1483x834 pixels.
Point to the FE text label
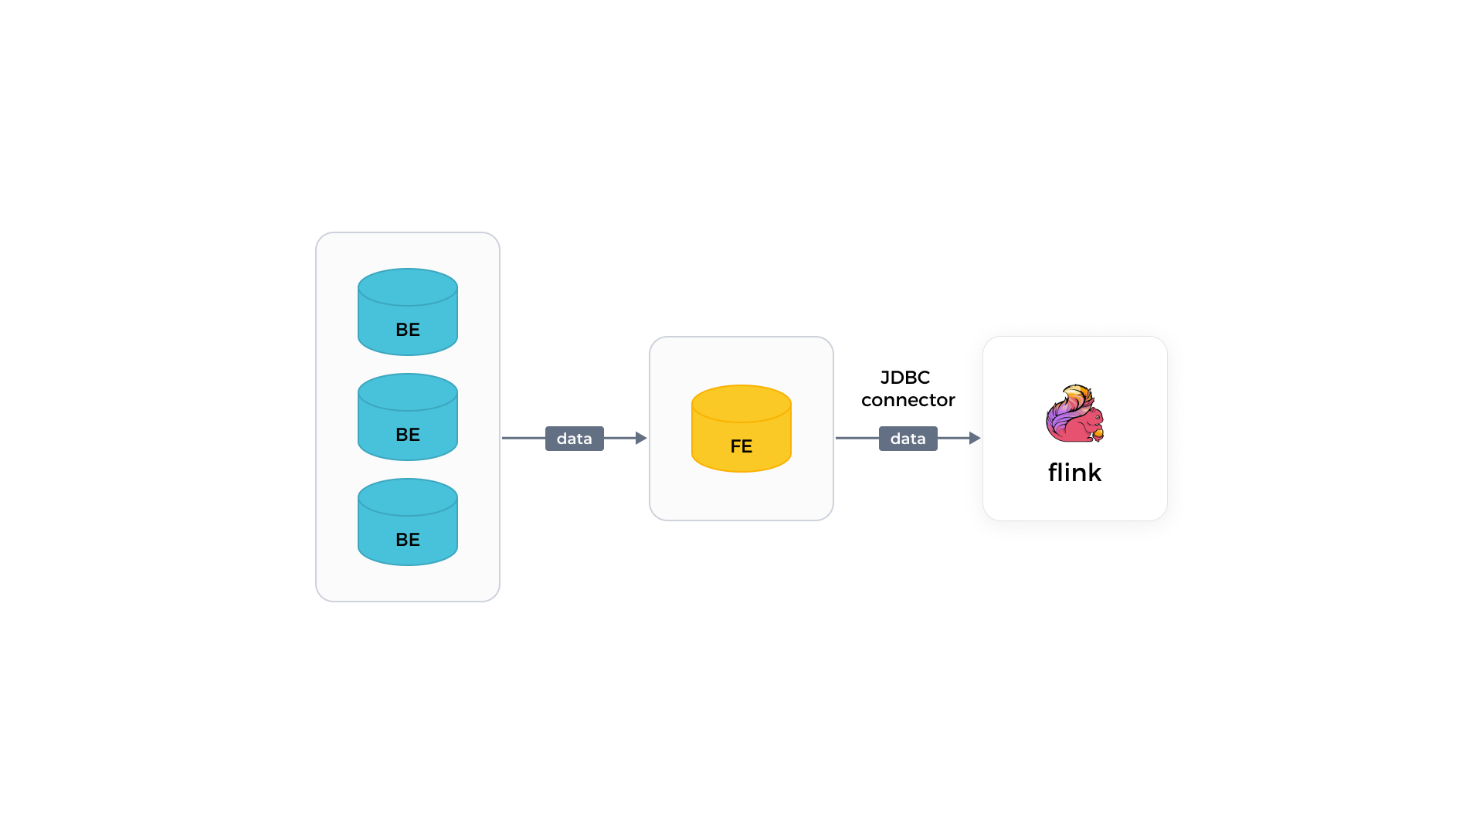[741, 446]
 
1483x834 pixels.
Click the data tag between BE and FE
[574, 439]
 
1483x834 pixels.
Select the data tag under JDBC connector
[908, 439]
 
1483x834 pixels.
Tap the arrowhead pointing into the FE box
[640, 438]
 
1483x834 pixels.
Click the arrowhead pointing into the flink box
[974, 438]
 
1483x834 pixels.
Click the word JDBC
[905, 378]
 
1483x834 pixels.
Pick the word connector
[908, 400]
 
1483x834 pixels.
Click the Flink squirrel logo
[1074, 414]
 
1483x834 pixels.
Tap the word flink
[1074, 473]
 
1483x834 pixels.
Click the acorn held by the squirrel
[1098, 434]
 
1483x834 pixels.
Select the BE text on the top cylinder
[407, 330]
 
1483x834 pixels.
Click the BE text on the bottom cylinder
[407, 540]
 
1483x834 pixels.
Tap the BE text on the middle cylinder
[407, 435]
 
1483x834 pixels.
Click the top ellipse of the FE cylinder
[741, 403]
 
